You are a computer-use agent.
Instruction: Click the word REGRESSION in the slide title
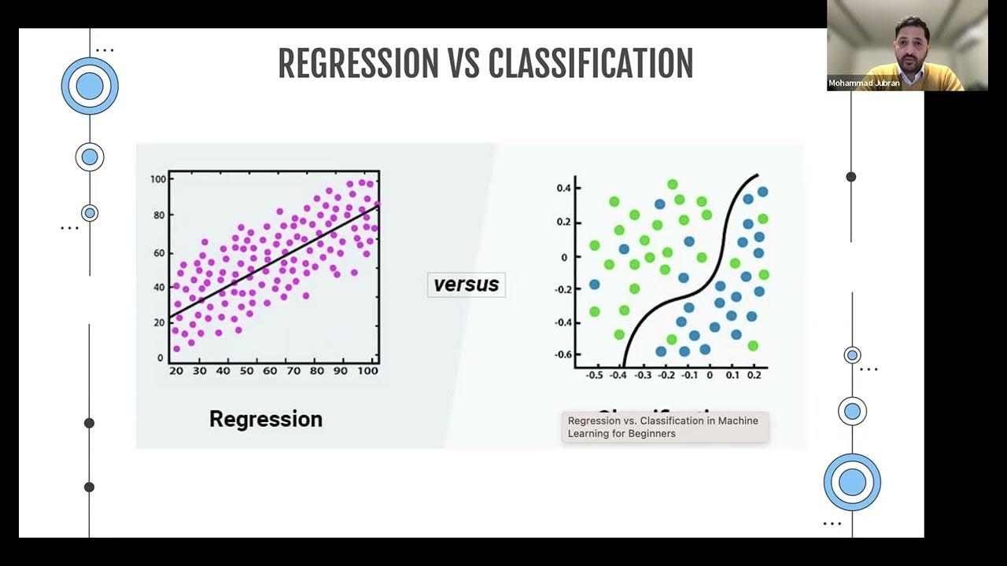point(357,64)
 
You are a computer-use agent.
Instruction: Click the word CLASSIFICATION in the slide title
point(591,64)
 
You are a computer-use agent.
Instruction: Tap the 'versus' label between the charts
point(467,285)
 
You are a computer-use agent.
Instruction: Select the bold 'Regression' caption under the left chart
point(266,419)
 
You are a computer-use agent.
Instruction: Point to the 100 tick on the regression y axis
point(157,179)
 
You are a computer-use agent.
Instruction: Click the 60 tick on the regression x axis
point(270,370)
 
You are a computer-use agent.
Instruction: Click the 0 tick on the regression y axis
point(160,358)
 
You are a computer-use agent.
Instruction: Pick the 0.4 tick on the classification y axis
point(563,188)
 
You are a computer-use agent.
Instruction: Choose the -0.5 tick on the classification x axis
point(595,376)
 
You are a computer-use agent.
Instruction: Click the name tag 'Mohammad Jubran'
point(864,83)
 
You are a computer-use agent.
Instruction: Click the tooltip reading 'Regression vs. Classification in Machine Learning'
point(663,427)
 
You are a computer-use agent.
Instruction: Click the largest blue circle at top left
point(90,86)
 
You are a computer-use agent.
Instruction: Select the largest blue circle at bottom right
point(852,482)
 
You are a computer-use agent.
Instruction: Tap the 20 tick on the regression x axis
point(175,370)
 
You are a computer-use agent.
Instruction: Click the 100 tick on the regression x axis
point(367,370)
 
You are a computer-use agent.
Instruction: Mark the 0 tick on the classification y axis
point(564,257)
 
